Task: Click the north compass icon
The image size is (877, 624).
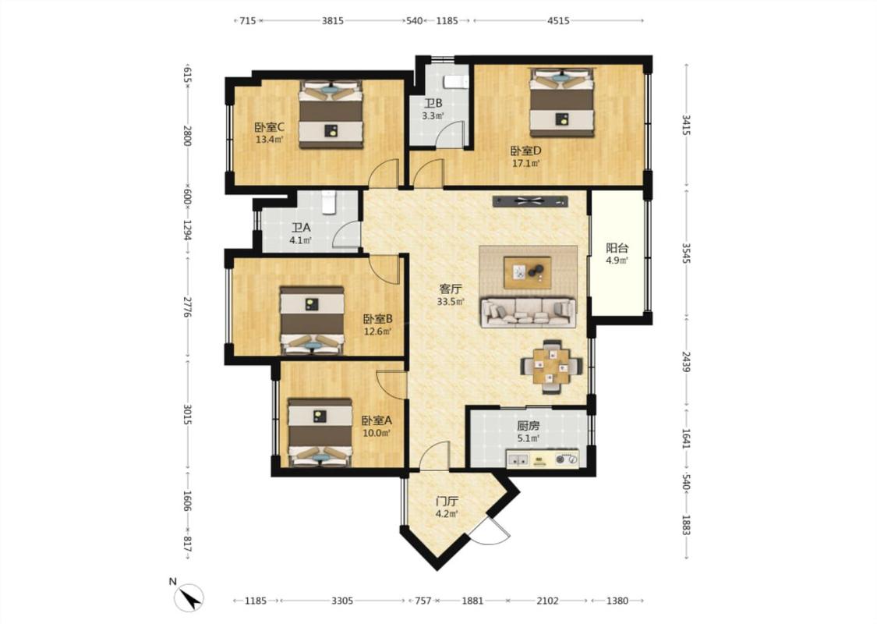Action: (x=189, y=597)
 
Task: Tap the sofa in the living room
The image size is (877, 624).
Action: (x=529, y=312)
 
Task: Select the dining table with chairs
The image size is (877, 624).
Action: (x=551, y=366)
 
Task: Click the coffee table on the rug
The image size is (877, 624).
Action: (x=528, y=272)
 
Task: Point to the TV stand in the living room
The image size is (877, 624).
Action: (x=530, y=201)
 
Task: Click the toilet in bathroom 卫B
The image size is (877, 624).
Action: (x=456, y=82)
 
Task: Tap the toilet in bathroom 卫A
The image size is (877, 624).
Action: (x=329, y=202)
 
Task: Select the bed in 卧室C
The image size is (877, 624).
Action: (x=331, y=115)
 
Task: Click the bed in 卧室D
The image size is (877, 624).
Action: (x=561, y=102)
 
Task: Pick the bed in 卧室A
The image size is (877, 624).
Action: (x=320, y=432)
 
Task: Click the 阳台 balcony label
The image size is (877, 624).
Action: (x=617, y=248)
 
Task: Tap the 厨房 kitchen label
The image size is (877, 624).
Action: (x=529, y=425)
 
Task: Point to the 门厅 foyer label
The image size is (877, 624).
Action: (x=447, y=501)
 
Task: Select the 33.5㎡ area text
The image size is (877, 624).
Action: (x=451, y=302)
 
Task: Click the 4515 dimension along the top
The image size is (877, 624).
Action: (x=558, y=21)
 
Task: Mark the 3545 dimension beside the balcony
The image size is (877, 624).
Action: (x=686, y=253)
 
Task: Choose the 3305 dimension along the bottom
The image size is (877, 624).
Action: (x=342, y=601)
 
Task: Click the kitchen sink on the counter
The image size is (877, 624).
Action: (x=518, y=460)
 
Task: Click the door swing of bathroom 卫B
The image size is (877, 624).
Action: (x=451, y=134)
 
